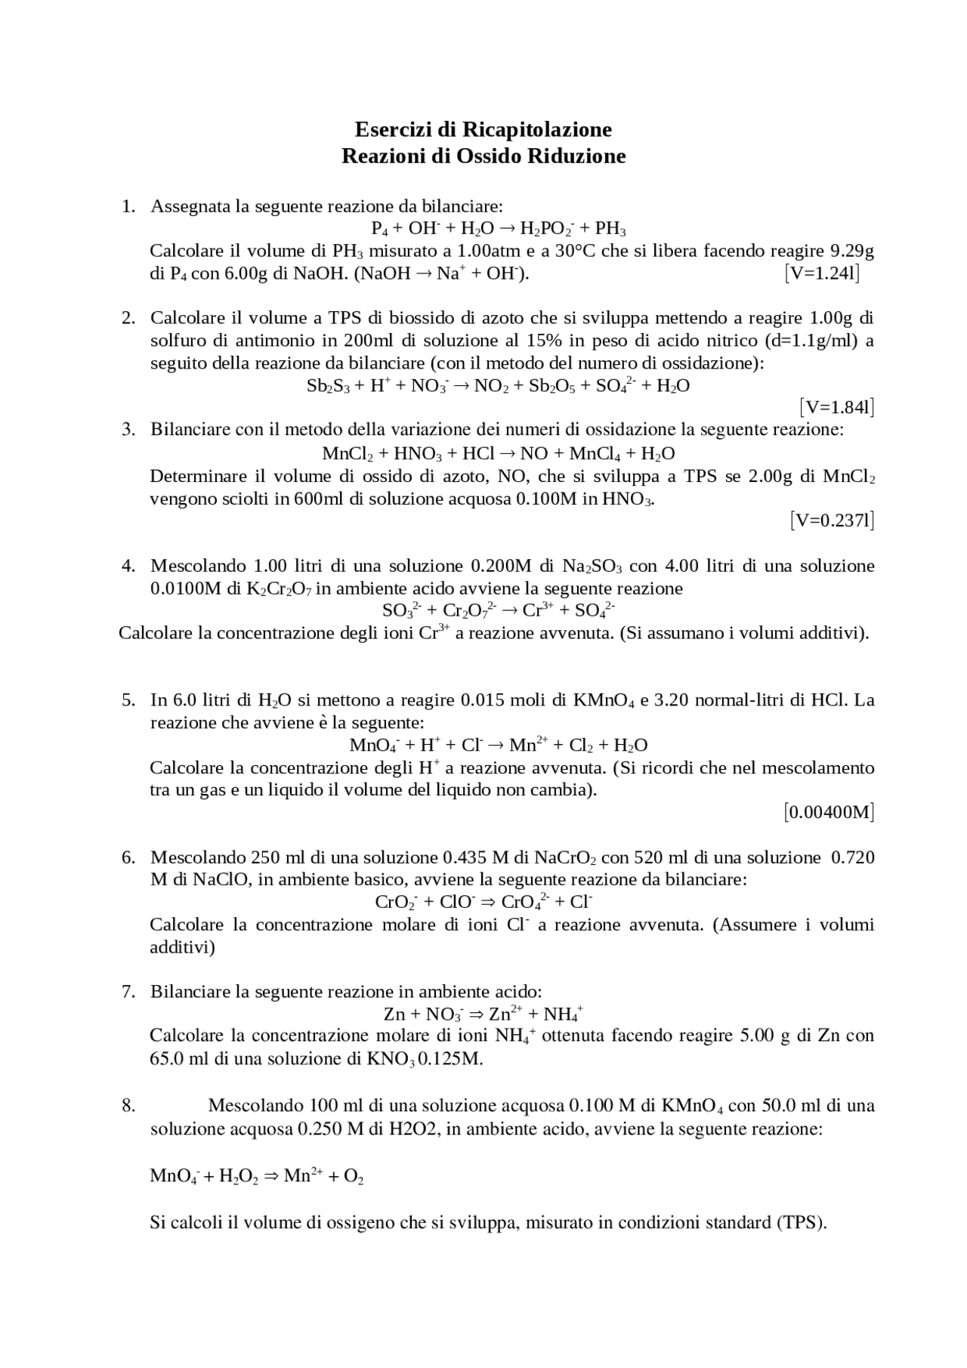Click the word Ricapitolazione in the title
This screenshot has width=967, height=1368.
(536, 130)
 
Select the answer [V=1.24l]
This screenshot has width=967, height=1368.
(822, 273)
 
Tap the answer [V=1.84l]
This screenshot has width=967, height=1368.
(837, 408)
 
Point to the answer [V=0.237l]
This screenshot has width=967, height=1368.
(833, 520)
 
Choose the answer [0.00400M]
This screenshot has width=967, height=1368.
(829, 813)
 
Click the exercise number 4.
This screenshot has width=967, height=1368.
(128, 566)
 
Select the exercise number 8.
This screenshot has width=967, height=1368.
(128, 1106)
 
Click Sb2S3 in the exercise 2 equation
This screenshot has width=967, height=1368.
(326, 386)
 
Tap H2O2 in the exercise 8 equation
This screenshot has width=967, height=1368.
(239, 1176)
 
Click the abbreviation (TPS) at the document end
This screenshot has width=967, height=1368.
(801, 1222)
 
